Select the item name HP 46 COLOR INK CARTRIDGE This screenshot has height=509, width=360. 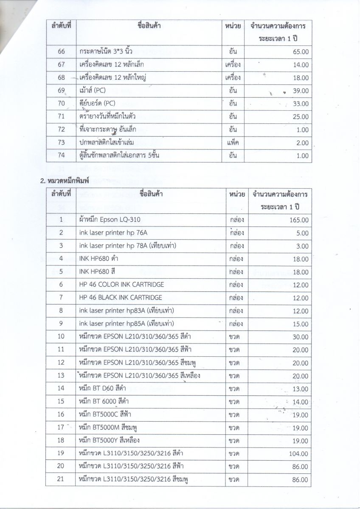[121, 284]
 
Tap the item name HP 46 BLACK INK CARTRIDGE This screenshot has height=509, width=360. [121, 297]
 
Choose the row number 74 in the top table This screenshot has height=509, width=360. [61, 156]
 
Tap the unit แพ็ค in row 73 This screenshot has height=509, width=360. [233, 143]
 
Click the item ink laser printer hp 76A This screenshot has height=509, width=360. [113, 232]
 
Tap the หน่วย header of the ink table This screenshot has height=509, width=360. [236, 194]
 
